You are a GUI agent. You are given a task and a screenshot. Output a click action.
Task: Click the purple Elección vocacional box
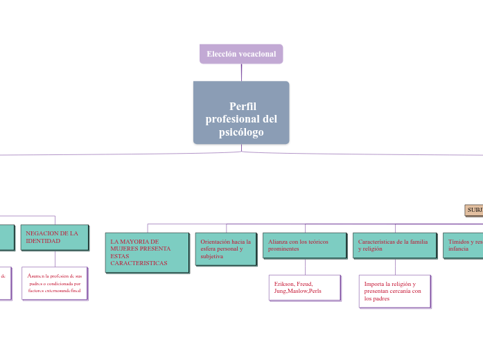pyautogui.click(x=241, y=54)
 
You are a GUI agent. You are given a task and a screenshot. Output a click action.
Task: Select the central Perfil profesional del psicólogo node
pyautogui.click(x=241, y=113)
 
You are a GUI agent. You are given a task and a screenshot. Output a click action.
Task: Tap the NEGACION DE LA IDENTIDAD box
pyautogui.click(x=55, y=237)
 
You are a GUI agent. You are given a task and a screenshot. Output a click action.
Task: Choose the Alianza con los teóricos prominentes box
pyautogui.click(x=305, y=245)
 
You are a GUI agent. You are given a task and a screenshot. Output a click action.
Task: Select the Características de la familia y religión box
pyautogui.click(x=395, y=245)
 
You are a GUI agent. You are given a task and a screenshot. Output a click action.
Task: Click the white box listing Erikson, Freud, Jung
pyautogui.click(x=305, y=287)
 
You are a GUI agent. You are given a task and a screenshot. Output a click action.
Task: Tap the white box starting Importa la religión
pyautogui.click(x=395, y=291)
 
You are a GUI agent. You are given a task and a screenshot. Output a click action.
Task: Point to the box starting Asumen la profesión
pyautogui.click(x=55, y=283)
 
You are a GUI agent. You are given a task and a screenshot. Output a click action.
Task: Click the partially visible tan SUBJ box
pyautogui.click(x=474, y=210)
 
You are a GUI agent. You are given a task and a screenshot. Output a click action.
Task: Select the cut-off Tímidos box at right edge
pyautogui.click(x=464, y=245)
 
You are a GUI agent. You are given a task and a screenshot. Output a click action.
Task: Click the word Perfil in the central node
pyautogui.click(x=243, y=106)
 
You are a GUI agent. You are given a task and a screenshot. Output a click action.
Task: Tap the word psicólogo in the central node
pyautogui.click(x=241, y=132)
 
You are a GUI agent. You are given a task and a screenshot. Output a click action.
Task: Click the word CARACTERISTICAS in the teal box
pyautogui.click(x=139, y=264)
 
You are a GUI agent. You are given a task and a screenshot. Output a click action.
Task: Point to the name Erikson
pyautogui.click(x=286, y=284)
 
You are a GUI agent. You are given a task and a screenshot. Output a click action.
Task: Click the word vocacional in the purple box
pyautogui.click(x=258, y=54)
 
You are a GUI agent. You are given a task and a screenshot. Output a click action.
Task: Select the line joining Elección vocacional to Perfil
pyautogui.click(x=241, y=72)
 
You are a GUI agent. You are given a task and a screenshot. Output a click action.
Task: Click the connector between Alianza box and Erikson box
pyautogui.click(x=305, y=267)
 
